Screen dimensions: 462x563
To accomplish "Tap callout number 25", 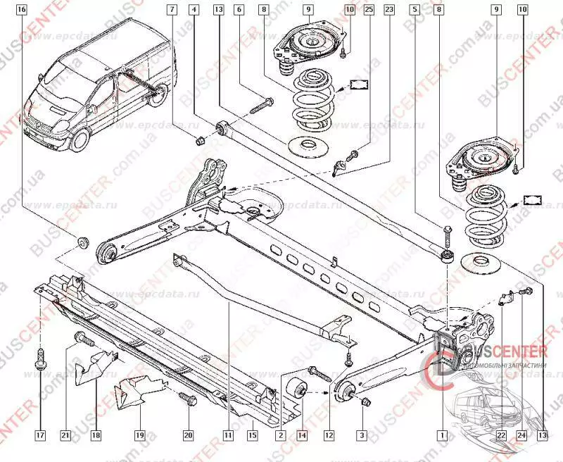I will [369, 10].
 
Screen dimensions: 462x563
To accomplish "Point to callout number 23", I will [389, 10].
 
